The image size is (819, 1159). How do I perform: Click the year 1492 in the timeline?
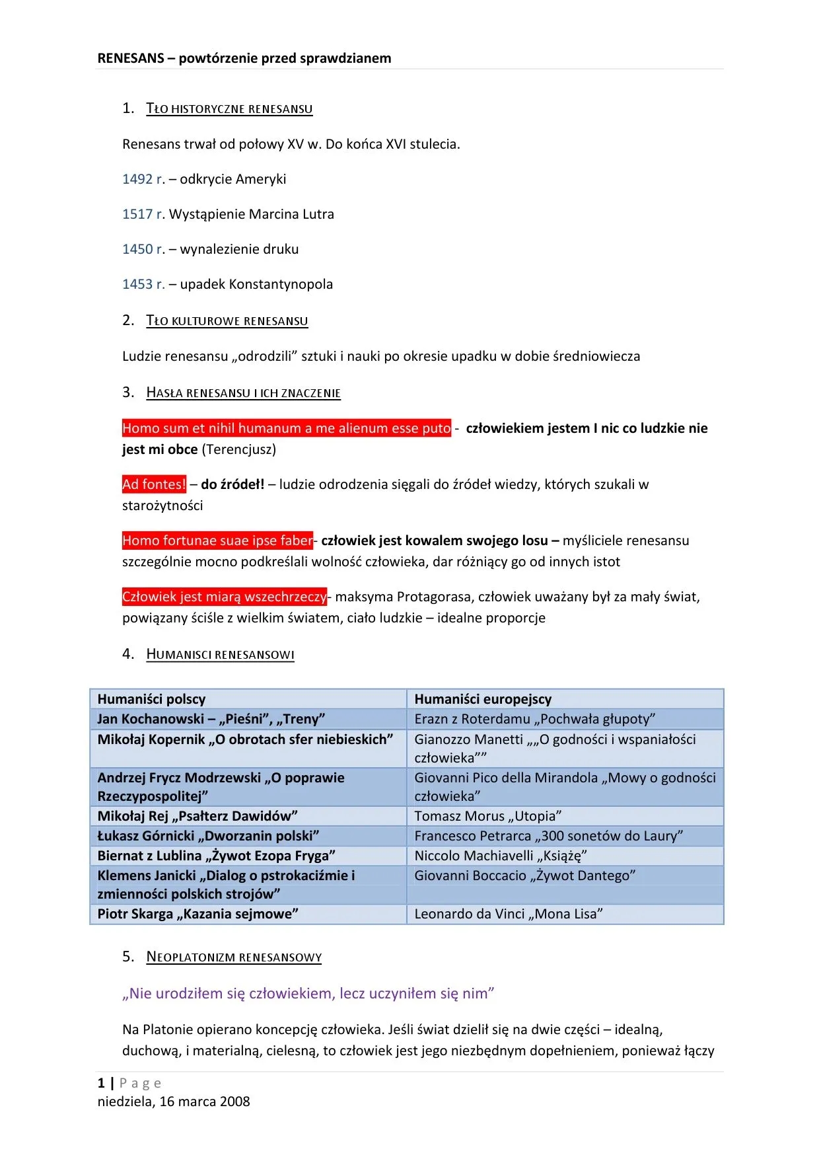[137, 179]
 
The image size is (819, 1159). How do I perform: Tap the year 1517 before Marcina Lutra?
[137, 214]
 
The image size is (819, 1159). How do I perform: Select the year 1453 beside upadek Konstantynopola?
[137, 284]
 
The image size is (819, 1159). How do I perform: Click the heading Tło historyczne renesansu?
[229, 108]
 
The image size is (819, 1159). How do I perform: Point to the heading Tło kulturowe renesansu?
[227, 320]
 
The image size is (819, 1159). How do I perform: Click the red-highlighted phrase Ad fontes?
[154, 484]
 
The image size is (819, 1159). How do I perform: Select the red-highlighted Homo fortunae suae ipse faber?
[217, 541]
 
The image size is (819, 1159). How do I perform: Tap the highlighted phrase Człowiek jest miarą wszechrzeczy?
[224, 597]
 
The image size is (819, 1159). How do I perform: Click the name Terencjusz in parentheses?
[238, 449]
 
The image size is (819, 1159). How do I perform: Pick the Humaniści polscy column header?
[151, 699]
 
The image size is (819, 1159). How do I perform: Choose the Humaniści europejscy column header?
[483, 699]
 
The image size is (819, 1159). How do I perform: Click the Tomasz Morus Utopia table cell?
[488, 816]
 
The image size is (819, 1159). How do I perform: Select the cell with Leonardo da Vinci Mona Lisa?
[509, 914]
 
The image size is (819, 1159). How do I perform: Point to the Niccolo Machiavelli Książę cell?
[501, 856]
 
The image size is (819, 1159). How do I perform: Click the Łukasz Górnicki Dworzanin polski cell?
[209, 836]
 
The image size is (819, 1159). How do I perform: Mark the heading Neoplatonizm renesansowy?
[234, 957]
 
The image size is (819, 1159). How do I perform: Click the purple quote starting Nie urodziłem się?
[308, 993]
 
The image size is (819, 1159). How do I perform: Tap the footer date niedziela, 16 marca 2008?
[174, 1102]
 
